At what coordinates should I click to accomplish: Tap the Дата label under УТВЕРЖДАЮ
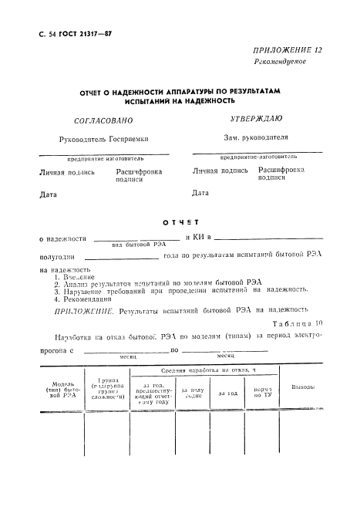coord(200,193)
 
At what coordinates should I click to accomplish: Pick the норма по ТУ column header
coord(263,392)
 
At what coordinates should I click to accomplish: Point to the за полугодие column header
coord(192,392)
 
